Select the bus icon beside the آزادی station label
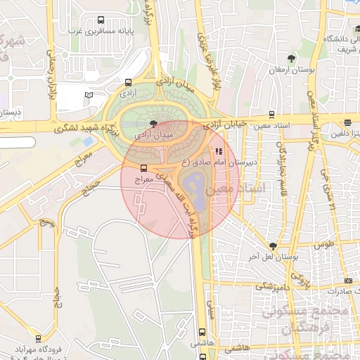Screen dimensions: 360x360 point(128,82)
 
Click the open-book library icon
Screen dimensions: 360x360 point(89,94)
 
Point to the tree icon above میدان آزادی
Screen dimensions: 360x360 point(145,123)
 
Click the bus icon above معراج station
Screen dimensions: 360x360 point(143,169)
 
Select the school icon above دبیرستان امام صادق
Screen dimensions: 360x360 point(219,150)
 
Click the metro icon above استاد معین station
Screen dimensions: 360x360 point(272,115)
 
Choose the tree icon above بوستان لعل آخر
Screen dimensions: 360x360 point(273,246)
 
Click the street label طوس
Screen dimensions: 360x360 point(324,245)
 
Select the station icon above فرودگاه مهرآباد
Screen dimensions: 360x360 point(38,338)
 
